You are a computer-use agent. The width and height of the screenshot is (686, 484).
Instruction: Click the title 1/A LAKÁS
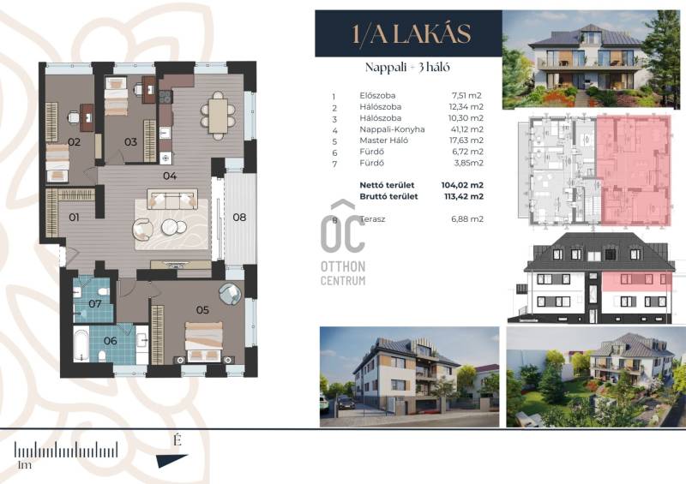point(412,34)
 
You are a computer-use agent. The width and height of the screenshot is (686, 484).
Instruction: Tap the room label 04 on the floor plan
point(170,176)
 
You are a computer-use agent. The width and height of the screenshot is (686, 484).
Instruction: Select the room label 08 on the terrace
point(239,218)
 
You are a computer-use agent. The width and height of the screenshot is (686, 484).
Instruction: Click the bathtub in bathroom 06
point(81,344)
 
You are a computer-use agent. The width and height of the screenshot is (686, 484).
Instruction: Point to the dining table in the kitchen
point(218,116)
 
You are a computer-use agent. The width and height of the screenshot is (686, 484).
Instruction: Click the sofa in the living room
point(172,200)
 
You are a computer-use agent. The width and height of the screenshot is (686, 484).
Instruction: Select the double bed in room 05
point(203,342)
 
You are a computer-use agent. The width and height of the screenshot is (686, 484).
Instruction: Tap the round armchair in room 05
point(230,294)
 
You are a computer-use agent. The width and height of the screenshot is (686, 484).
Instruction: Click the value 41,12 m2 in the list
point(466,129)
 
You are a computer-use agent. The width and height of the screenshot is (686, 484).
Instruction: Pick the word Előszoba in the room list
point(377,95)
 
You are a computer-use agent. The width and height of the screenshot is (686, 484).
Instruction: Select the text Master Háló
point(383,140)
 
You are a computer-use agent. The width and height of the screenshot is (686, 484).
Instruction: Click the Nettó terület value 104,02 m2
point(462,185)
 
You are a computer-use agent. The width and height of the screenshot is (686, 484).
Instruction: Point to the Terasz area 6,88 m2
point(467,219)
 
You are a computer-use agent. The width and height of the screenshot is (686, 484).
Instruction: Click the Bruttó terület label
point(388,196)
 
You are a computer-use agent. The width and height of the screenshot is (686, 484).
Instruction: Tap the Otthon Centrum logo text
point(343,272)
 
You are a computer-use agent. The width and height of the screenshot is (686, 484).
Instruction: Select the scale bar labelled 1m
point(66,450)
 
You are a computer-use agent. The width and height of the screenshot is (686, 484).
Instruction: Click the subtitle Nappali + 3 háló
point(407,68)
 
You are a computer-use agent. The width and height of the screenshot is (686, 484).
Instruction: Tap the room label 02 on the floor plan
point(74,141)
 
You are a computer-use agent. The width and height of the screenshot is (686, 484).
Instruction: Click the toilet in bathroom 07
point(104,291)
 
